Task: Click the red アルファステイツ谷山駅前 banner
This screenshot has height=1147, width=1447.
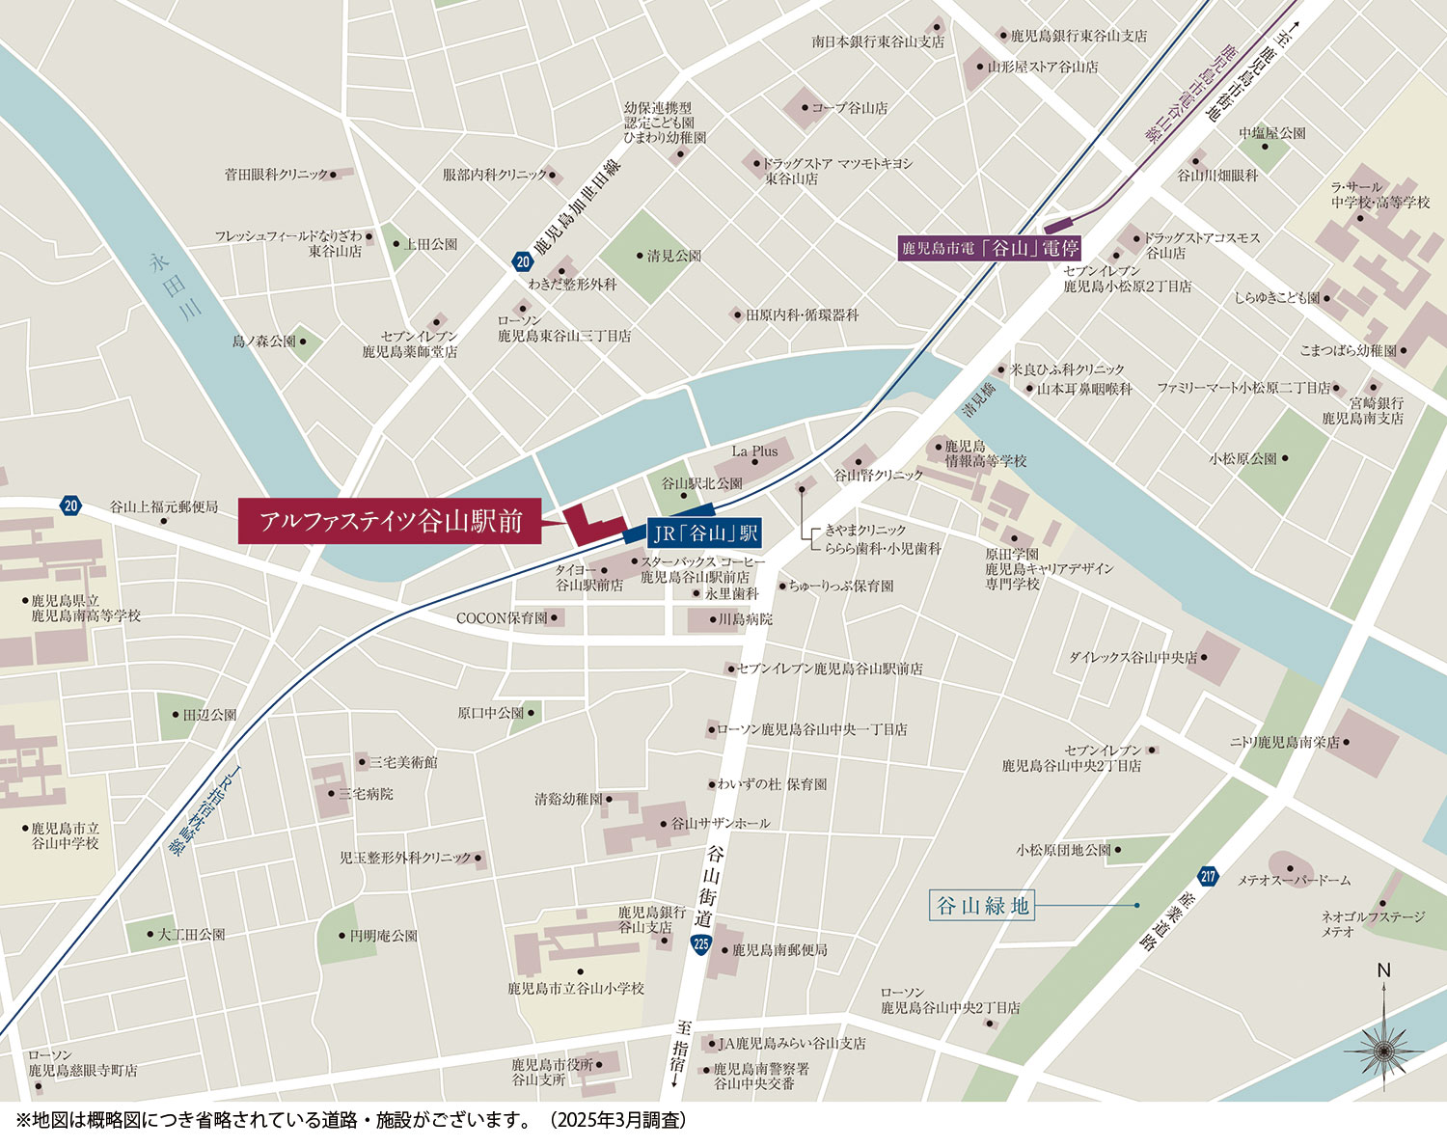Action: click(391, 522)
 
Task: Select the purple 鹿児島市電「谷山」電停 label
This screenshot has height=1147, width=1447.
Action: click(991, 248)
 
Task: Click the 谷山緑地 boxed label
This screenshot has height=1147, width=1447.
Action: click(983, 906)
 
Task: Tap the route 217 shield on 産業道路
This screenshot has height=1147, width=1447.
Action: click(1208, 877)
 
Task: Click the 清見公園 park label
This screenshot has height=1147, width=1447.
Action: click(673, 257)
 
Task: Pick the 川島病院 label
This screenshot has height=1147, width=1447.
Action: click(746, 619)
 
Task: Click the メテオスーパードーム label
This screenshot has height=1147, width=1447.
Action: click(1294, 880)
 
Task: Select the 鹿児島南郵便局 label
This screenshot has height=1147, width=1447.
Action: click(778, 950)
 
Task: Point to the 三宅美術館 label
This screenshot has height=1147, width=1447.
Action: click(402, 762)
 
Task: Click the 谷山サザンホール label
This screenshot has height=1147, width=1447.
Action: click(720, 824)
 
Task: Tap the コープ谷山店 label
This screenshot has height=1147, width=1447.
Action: click(849, 108)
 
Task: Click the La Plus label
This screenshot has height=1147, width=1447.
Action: click(754, 451)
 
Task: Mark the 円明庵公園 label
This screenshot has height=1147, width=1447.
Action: click(383, 936)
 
